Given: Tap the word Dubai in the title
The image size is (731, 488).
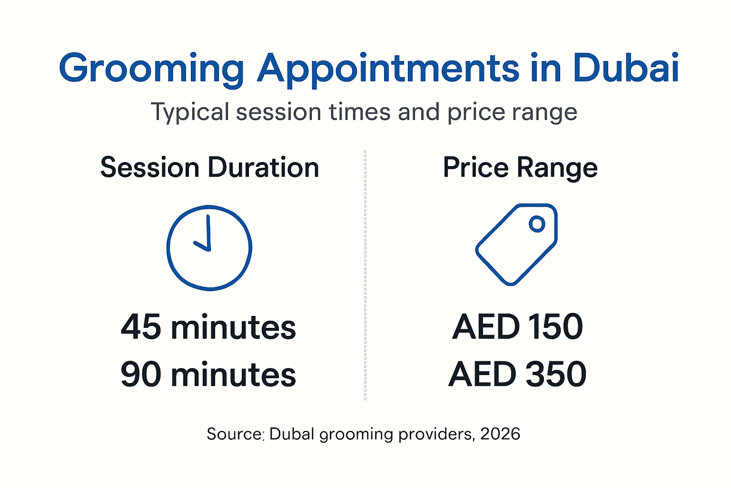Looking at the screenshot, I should [x=626, y=68].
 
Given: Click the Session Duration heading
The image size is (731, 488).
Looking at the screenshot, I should [x=209, y=168].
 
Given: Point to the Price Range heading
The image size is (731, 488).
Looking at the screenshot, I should [x=520, y=168].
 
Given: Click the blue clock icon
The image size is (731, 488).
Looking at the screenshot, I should [x=209, y=247].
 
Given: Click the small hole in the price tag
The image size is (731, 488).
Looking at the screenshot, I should [x=537, y=224].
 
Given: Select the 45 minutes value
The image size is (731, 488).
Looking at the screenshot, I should [x=208, y=327].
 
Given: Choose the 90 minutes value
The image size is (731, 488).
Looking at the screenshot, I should [x=208, y=375].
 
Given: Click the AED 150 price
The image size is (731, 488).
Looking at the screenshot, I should [x=518, y=327].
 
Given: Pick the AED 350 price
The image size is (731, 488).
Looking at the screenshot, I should [x=518, y=375].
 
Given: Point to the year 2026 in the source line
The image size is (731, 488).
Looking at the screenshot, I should [x=500, y=434].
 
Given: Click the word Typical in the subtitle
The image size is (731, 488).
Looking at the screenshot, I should [x=190, y=113].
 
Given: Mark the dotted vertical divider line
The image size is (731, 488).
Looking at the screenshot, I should [x=365, y=275].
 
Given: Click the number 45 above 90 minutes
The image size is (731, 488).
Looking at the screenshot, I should [x=141, y=327].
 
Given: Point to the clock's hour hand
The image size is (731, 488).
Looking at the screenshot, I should [x=201, y=245].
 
